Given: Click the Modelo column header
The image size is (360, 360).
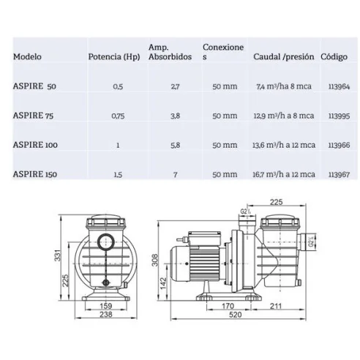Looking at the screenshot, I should (27, 56).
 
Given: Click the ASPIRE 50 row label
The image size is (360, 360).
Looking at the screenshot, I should (35, 87).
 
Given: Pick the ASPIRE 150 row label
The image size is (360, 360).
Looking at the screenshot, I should (37, 173).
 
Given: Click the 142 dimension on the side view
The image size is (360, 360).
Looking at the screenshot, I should (164, 280).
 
